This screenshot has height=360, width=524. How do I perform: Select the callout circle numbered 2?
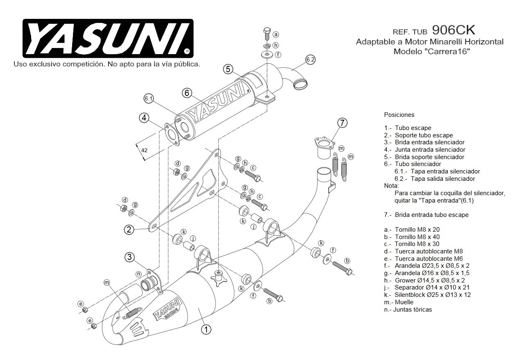pos(129,230)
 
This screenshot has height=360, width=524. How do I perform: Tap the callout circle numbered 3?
pos(129,257)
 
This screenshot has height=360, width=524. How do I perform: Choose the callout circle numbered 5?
pos(228,69)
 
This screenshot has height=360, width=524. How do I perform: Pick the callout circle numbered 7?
pos(343,122)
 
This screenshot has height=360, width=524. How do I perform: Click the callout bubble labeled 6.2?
pos(311,60)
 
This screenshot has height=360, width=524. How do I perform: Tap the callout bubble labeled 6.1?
pos(148,98)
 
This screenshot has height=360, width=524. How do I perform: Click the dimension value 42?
pos(144,150)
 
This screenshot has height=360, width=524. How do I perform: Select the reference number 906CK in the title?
pos(454,30)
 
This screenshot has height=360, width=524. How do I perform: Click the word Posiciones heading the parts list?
pos(399,115)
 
